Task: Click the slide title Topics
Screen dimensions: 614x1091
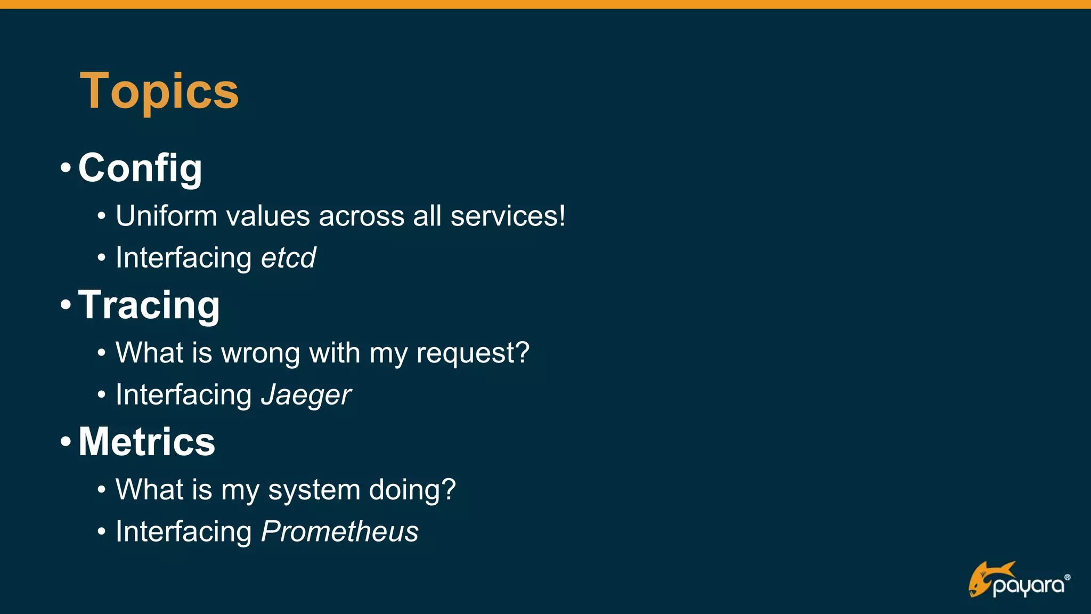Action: pyautogui.click(x=159, y=92)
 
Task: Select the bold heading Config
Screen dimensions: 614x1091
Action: pyautogui.click(x=140, y=168)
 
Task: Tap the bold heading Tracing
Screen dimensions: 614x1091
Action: pyautogui.click(x=149, y=305)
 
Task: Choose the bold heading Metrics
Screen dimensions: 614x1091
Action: pyautogui.click(x=146, y=442)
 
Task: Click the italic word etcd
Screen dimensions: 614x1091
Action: pyautogui.click(x=288, y=258)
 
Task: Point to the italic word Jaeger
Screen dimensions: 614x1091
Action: pyautogui.click(x=306, y=395)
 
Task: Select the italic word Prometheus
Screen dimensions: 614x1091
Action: pyautogui.click(x=340, y=532)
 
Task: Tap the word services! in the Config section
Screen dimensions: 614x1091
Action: pyautogui.click(x=508, y=216)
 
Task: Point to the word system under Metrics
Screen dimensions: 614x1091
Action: pyautogui.click(x=314, y=490)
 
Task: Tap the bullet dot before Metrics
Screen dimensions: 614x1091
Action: pyautogui.click(x=66, y=442)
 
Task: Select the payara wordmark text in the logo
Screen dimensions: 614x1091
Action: pyautogui.click(x=1029, y=586)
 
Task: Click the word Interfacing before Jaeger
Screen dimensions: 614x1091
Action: pyautogui.click(x=184, y=395)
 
